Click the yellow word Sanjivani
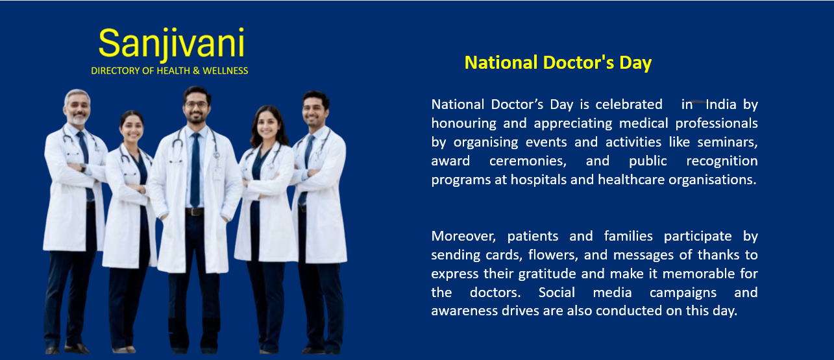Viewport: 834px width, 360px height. tap(171, 43)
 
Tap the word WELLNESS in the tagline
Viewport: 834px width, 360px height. tap(225, 71)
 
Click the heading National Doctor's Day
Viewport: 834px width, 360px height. tap(558, 62)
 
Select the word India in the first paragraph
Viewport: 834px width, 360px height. tap(721, 104)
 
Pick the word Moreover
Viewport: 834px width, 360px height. tap(463, 236)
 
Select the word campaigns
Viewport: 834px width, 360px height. tap(683, 293)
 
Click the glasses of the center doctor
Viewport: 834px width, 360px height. tap(196, 104)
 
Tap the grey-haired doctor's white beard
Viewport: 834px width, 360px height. tap(78, 119)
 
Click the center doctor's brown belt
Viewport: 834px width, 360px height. tap(195, 212)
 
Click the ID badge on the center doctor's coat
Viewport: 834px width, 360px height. tap(217, 173)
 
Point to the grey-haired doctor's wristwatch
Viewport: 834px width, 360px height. tap(83, 168)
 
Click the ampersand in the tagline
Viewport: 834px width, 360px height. tap(196, 71)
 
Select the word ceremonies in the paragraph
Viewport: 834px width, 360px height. tap(528, 162)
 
